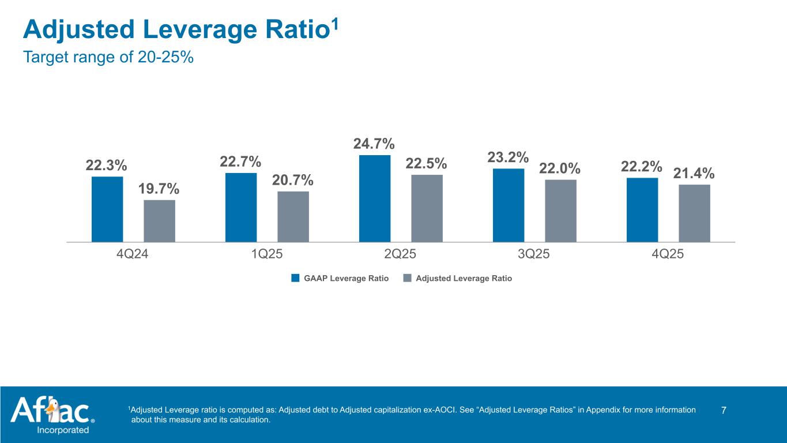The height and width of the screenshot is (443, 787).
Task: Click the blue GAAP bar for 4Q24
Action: pos(107,209)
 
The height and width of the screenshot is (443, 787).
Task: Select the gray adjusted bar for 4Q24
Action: pos(159,220)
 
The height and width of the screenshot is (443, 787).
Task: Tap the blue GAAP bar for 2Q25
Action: pos(375,198)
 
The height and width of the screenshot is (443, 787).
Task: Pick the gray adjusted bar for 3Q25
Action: pos(560,211)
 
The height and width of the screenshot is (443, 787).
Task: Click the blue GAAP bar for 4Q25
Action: pos(642,209)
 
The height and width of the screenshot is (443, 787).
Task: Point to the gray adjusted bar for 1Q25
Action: pos(293,216)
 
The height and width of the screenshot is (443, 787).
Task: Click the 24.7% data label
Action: pos(374,143)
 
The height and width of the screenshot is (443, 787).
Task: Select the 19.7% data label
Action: pos(159,189)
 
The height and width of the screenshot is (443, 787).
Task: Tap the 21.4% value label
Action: pos(694,173)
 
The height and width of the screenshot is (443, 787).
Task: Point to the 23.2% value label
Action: pos(508,157)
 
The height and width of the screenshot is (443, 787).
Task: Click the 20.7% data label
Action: pos(293,180)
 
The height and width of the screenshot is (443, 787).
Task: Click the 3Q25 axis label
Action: pos(534,254)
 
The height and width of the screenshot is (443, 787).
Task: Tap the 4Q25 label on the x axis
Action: pos(668,254)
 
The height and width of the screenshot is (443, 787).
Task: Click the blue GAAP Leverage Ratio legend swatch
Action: pos(295,278)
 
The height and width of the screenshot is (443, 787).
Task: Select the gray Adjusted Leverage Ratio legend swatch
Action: pos(408,278)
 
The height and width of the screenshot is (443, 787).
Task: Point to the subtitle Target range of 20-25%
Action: pos(108,58)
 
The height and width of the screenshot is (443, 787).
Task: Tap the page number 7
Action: pos(724,410)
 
